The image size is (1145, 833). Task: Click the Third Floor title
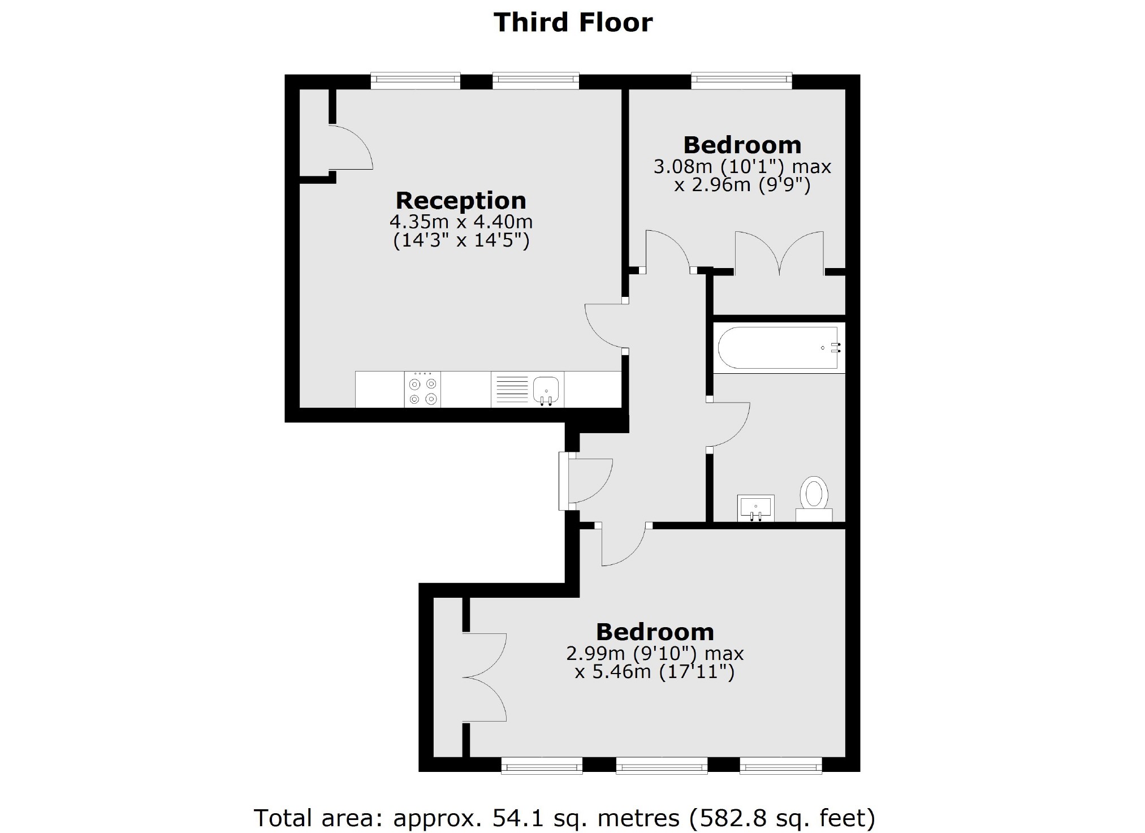(573, 23)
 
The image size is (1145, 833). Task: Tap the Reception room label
(460, 201)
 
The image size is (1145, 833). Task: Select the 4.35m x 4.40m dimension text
(461, 221)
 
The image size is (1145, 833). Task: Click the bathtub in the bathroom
(778, 348)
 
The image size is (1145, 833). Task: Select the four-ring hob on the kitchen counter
(423, 390)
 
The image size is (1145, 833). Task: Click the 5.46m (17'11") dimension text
(655, 672)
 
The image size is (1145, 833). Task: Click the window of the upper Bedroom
(741, 81)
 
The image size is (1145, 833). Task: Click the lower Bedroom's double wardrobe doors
(485, 677)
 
